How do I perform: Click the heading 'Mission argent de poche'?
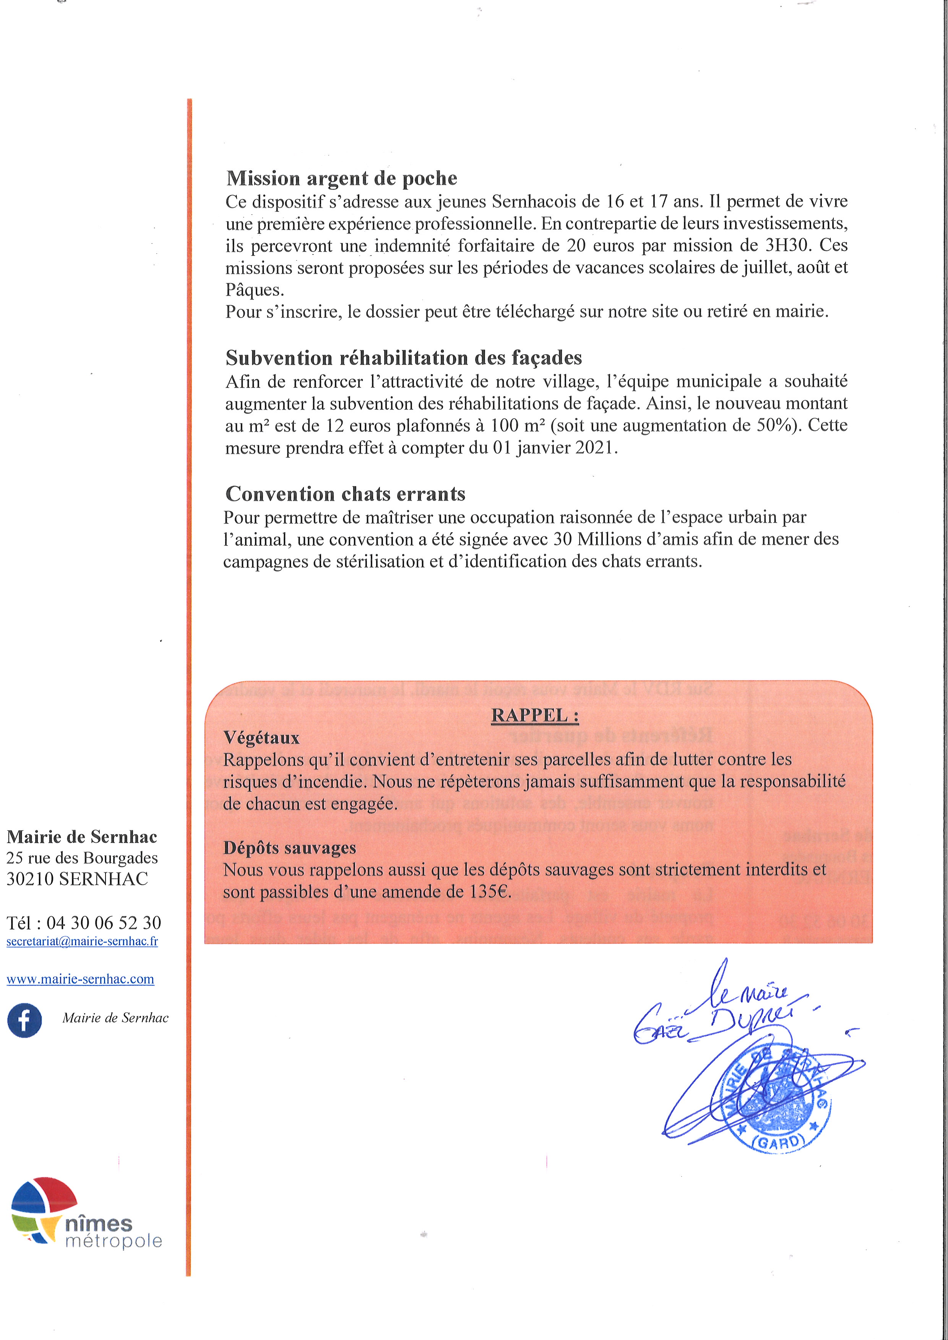click(341, 178)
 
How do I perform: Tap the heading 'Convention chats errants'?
click(345, 494)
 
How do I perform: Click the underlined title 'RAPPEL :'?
click(535, 716)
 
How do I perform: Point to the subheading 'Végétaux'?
click(261, 738)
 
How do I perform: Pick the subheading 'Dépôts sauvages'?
click(289, 848)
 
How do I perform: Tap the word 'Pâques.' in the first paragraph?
click(255, 290)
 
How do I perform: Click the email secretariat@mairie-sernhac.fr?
click(82, 941)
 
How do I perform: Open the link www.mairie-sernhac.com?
click(81, 979)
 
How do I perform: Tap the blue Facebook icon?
click(24, 1021)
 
